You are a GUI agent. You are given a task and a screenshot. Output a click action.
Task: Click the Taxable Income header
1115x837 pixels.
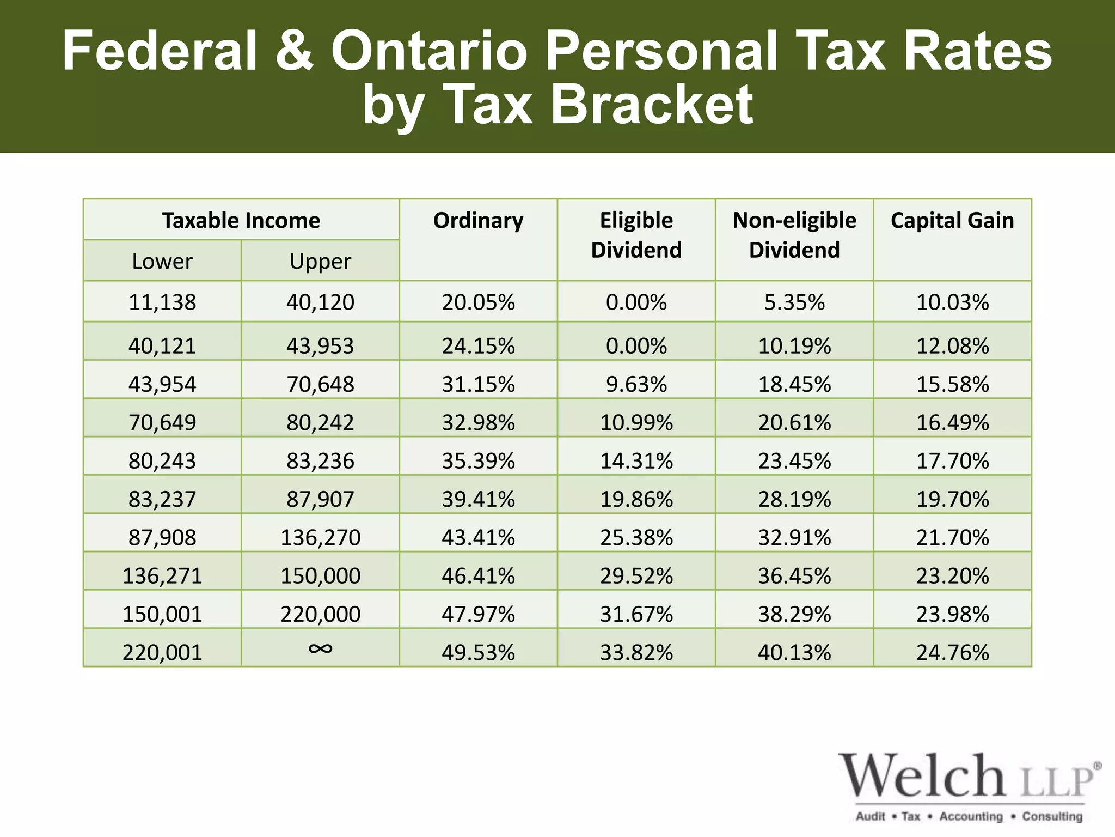coord(241,220)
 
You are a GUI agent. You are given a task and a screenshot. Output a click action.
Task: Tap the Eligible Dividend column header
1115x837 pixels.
coord(636,235)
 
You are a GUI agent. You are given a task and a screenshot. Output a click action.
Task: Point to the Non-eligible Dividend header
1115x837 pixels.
coord(794,235)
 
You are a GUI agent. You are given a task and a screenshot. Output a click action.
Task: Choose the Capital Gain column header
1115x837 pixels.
coord(952,220)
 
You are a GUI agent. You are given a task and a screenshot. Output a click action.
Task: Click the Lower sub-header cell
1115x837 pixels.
coord(162,261)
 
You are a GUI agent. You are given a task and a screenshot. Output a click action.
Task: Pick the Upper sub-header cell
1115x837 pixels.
coord(320,261)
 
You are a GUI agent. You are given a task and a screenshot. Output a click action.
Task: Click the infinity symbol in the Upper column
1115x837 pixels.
coord(320,648)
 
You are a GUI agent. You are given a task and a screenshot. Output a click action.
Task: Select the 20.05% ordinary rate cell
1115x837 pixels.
coord(478,302)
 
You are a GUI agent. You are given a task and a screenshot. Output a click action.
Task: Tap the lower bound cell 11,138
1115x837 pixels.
coord(162,302)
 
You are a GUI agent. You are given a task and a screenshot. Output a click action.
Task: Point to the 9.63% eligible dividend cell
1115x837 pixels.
coord(636,384)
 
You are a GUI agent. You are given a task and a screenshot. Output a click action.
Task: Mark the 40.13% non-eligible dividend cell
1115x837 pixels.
coord(794,652)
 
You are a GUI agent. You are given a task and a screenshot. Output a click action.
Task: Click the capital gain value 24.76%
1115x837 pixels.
coord(952,652)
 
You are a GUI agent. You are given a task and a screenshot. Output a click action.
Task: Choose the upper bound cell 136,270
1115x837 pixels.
coord(320,537)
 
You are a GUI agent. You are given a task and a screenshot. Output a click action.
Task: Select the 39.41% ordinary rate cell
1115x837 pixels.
coord(478,499)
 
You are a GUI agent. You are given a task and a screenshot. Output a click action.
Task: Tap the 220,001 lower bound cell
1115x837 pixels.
coord(162,652)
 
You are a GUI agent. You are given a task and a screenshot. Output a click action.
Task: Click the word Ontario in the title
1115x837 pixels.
coord(429,51)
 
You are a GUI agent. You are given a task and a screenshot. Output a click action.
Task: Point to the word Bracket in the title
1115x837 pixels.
coord(652,104)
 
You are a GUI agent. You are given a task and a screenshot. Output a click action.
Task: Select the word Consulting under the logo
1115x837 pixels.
coord(1052,816)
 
